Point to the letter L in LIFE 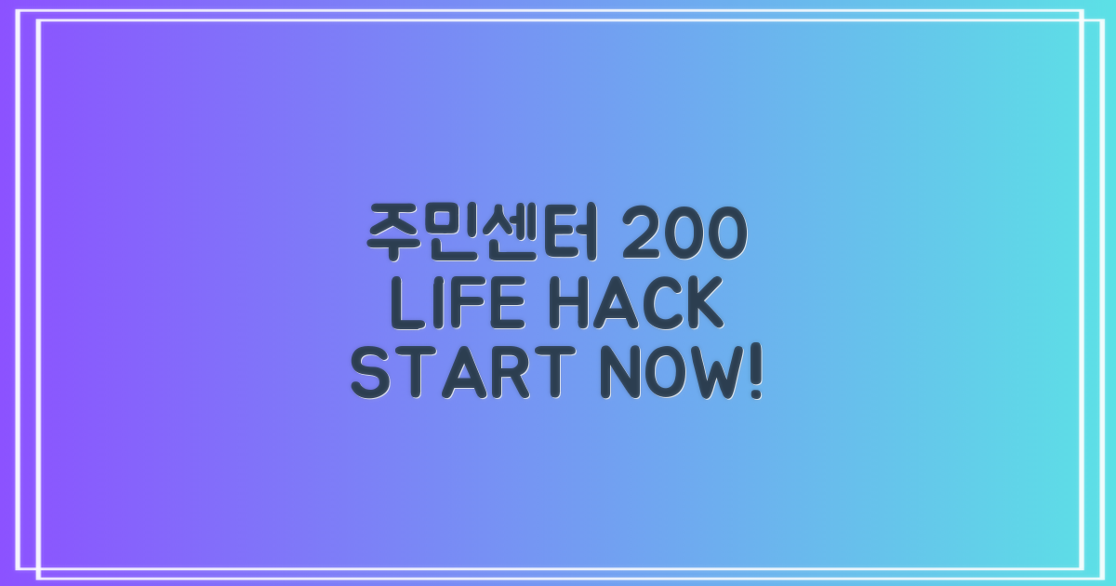406,306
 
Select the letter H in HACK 573,306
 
